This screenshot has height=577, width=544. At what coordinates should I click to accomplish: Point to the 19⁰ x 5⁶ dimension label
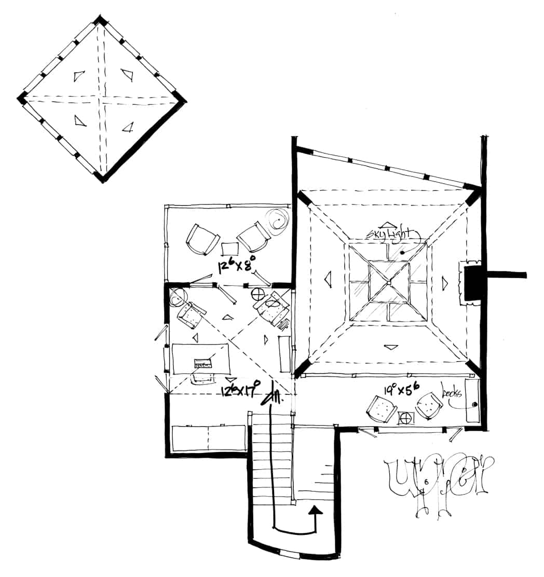tap(405, 388)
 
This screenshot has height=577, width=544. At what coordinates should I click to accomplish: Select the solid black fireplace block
tap(473, 283)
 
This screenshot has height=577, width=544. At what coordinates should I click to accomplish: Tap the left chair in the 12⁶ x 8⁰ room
tap(202, 240)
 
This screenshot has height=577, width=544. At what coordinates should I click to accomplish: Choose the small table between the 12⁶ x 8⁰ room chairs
tap(229, 249)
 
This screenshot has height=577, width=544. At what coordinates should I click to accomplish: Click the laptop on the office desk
tap(203, 362)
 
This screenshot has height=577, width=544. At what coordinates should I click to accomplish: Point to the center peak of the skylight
tap(389, 282)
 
